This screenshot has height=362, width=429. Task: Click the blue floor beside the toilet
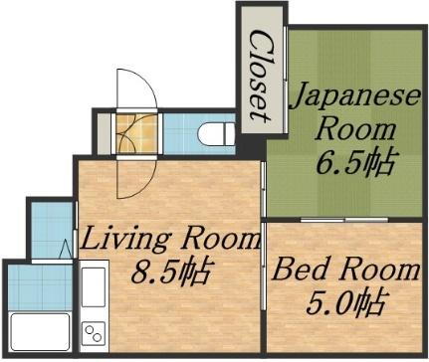click(179, 130)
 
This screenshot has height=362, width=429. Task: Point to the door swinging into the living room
click(127, 179)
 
